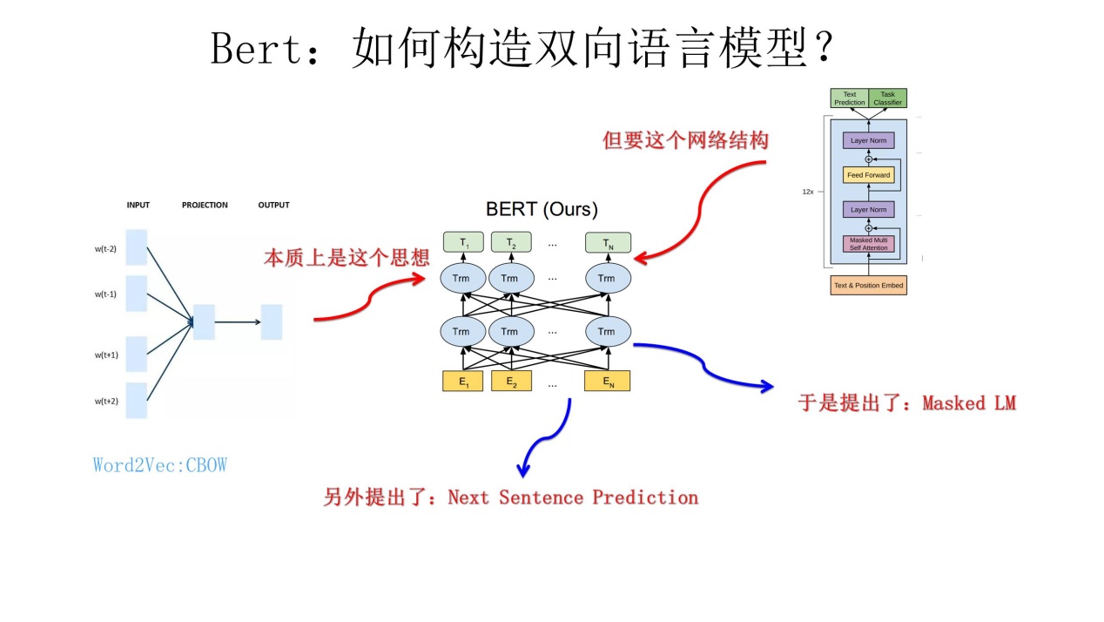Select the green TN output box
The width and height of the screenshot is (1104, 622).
[607, 242]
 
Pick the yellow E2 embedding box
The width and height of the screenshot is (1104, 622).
[510, 381]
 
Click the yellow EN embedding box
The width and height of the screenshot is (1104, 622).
[607, 381]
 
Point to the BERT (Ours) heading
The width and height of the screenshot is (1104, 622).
[542, 209]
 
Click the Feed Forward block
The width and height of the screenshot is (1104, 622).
[868, 175]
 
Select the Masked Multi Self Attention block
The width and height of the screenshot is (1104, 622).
[868, 244]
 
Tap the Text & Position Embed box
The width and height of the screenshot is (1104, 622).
[868, 285]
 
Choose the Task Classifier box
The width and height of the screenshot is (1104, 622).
[887, 98]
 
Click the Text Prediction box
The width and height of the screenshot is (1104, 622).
[849, 98]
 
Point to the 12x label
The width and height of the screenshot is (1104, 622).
[808, 191]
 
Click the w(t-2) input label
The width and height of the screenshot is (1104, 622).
[105, 249]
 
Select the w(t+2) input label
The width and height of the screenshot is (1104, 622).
[105, 401]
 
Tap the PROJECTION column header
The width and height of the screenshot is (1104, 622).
[205, 206]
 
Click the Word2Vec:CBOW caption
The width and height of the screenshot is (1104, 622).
[160, 465]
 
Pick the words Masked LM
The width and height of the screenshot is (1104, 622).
[969, 403]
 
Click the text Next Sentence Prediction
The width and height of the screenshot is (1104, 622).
[572, 497]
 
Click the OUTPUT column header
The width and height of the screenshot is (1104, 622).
[273, 206]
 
